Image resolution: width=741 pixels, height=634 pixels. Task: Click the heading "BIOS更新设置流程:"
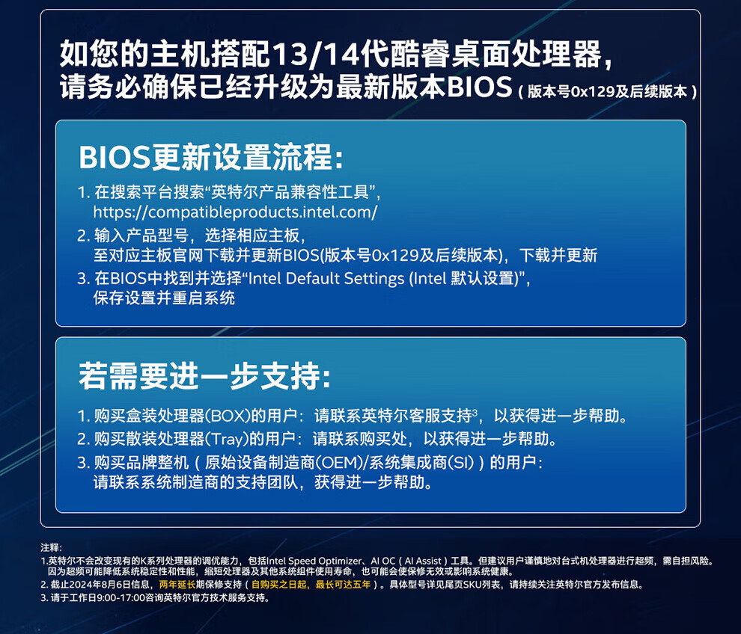click(x=211, y=157)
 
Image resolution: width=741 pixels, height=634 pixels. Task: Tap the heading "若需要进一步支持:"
click(x=204, y=376)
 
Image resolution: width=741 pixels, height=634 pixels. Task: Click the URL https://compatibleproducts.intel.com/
click(x=235, y=212)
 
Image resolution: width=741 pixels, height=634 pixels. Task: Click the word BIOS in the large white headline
click(x=479, y=87)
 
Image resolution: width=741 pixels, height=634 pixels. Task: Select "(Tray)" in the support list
click(x=227, y=439)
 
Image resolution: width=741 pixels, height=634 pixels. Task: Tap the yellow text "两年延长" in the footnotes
click(x=177, y=585)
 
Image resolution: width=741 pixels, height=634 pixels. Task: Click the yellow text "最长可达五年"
click(x=343, y=585)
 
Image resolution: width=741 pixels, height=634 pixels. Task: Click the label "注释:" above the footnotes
click(x=51, y=547)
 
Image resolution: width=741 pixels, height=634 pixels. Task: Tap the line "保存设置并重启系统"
click(x=164, y=298)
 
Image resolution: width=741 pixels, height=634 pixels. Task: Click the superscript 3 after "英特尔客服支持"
click(x=475, y=411)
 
